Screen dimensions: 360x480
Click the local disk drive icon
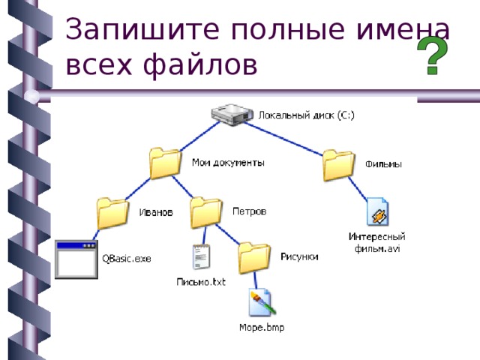(231, 115)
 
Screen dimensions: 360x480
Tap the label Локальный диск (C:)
(306, 115)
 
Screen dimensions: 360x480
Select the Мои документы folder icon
(165, 163)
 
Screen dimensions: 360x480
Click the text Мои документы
(228, 162)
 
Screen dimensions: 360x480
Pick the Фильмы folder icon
(339, 166)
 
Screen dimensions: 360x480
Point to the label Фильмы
(383, 165)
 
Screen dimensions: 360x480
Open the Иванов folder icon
(113, 213)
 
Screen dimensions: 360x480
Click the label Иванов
(157, 212)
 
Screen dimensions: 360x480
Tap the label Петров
(249, 211)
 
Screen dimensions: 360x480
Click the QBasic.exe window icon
(76, 259)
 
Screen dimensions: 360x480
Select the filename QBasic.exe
(127, 259)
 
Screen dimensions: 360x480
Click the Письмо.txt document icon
(200, 259)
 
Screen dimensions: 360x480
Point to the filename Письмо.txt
(200, 282)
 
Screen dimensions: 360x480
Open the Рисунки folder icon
(255, 257)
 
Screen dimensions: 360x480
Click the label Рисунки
(299, 256)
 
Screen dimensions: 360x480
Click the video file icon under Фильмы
(376, 212)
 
